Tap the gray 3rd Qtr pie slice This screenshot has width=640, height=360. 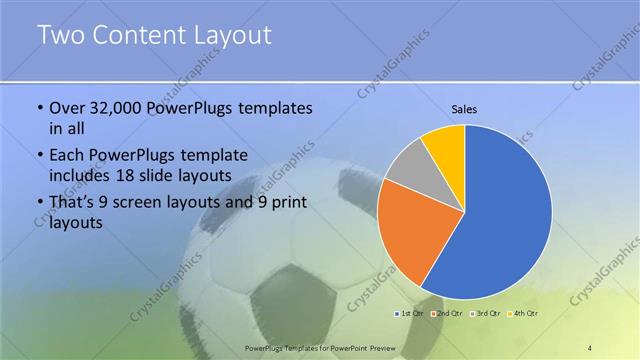(x=408, y=167)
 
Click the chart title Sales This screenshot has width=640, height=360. (x=464, y=108)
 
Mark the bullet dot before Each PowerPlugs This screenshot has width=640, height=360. (x=39, y=156)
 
